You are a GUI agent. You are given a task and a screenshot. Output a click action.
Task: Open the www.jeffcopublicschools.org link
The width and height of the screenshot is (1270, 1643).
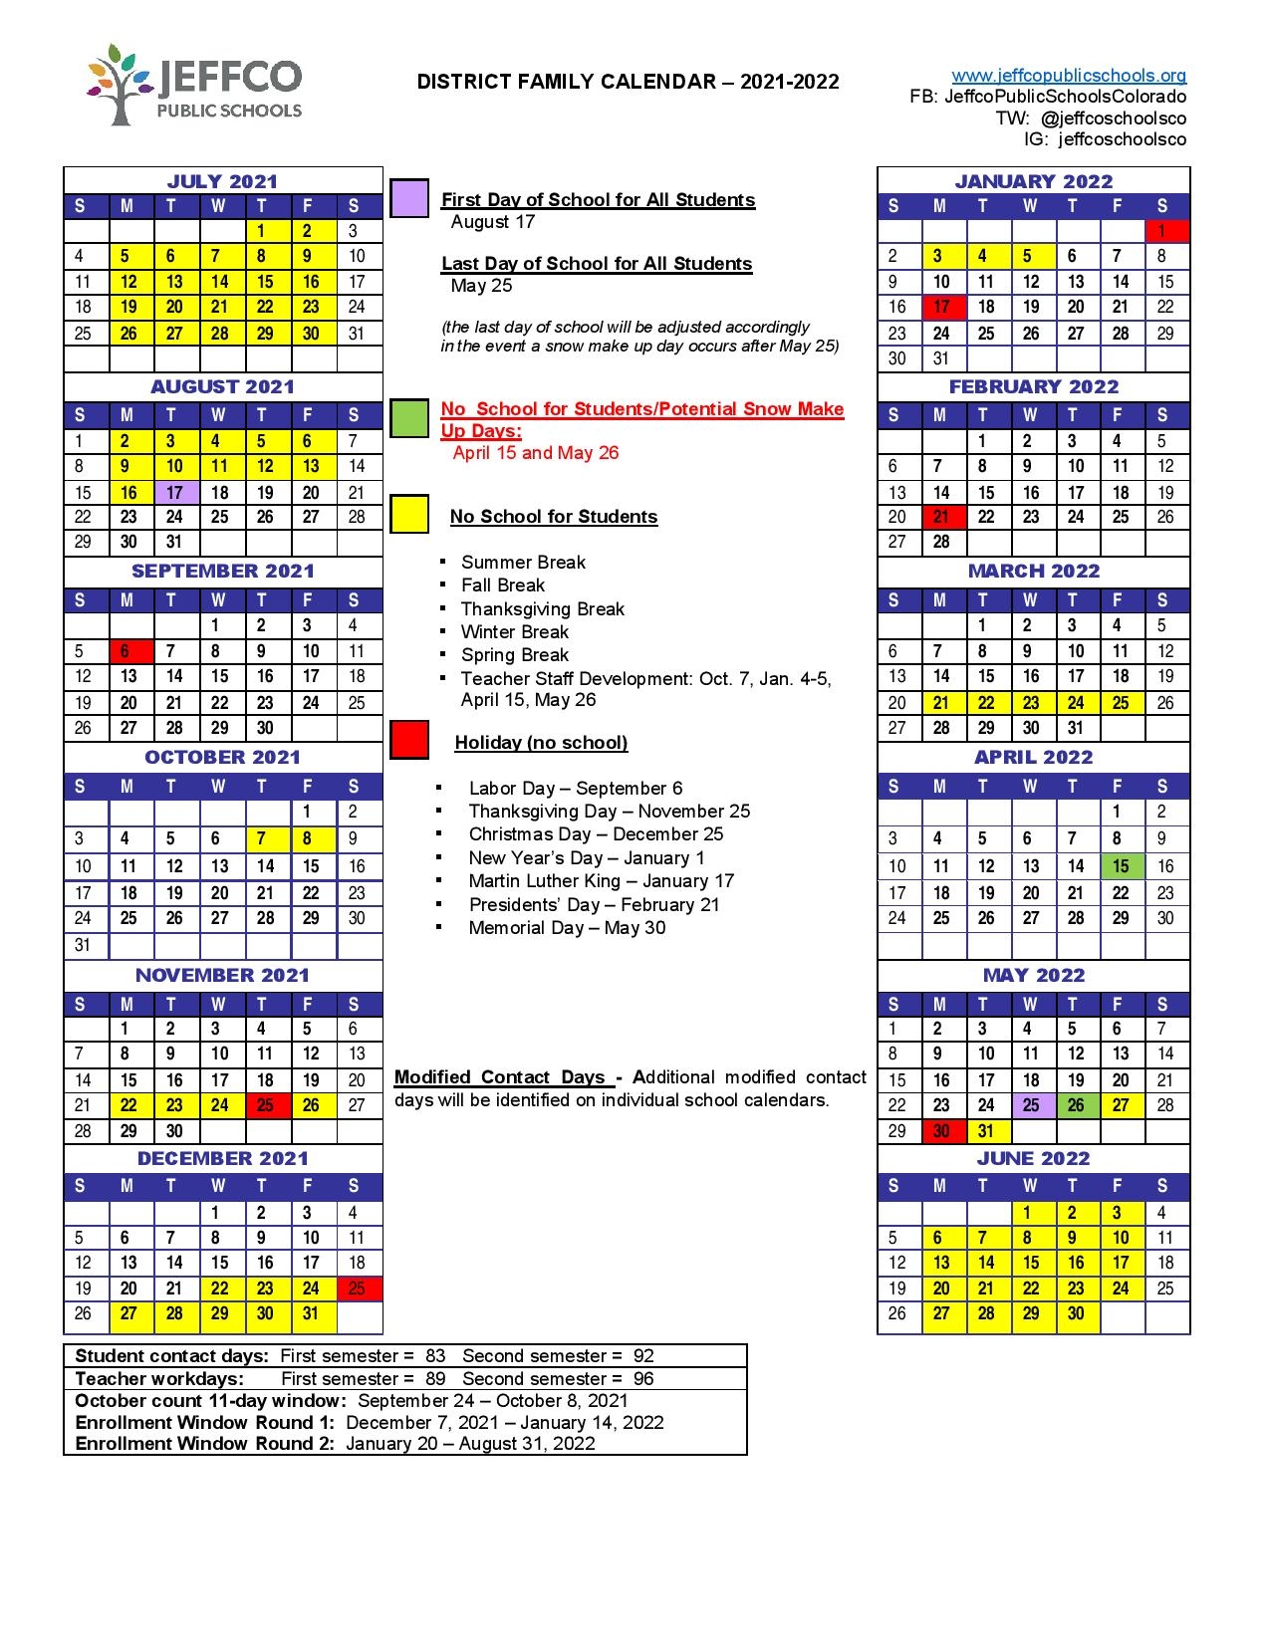tap(1069, 76)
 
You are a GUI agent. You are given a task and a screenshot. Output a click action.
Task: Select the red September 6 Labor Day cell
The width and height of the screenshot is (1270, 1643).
tap(129, 651)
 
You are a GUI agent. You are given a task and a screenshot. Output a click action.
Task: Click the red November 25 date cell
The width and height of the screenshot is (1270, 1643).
tap(265, 1104)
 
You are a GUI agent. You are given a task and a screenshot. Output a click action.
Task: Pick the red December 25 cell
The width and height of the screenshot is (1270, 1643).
tap(358, 1289)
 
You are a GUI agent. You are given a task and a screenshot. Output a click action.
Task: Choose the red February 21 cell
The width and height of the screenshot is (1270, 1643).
tap(941, 517)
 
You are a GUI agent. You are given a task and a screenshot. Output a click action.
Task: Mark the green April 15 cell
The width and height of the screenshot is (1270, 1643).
tap(1121, 866)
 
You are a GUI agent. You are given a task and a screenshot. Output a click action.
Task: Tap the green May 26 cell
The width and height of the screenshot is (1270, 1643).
tap(1076, 1105)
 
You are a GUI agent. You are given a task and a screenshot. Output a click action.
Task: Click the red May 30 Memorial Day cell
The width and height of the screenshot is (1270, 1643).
tap(941, 1131)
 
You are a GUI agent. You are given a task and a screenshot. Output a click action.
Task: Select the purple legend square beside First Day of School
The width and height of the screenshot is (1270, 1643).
tap(409, 198)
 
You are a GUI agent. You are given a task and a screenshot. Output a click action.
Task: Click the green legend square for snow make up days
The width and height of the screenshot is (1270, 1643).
tap(409, 419)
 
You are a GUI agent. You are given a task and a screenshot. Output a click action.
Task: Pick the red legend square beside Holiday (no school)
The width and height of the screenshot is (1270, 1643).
tap(409, 740)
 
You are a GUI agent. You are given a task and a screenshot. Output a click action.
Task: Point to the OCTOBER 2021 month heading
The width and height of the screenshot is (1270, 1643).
tap(222, 757)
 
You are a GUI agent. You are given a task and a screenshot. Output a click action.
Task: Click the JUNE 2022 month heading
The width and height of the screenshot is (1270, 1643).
tap(1034, 1158)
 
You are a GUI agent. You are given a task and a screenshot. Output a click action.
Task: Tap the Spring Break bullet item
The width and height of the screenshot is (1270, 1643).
tap(514, 655)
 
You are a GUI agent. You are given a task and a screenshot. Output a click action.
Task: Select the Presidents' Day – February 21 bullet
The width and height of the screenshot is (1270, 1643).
tap(594, 904)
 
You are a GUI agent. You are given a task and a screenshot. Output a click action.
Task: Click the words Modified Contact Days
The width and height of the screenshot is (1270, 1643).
tap(500, 1077)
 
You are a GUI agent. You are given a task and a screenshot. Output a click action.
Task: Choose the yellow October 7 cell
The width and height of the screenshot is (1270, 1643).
tap(265, 838)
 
